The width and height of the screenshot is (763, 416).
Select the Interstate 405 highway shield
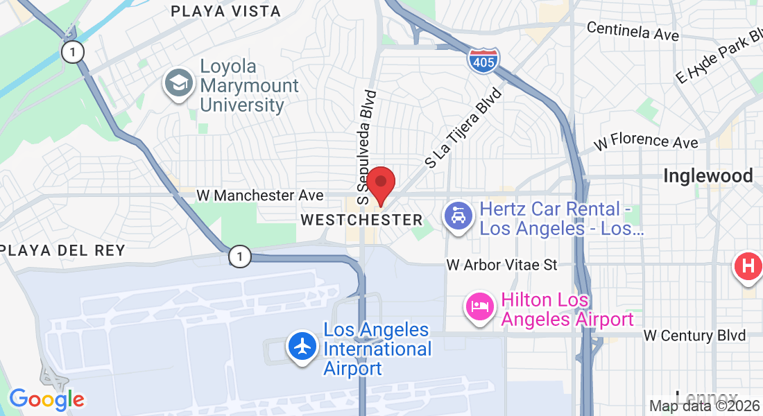pos(483,61)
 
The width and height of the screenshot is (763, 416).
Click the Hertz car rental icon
pos(458,218)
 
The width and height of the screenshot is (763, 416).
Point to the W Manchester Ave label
pos(259,196)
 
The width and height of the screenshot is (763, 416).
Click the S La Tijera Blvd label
pos(463,128)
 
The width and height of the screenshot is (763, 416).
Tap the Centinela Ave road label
pos(632,31)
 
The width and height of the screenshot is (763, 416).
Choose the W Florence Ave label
pos(646,141)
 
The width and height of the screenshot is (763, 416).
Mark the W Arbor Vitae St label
pos(501,265)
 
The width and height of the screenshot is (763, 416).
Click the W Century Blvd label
pos(694,336)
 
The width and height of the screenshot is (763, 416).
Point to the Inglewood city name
pos(708,176)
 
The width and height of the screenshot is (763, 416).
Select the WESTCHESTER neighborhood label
pos(361,220)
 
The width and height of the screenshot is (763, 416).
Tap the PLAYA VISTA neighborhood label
pos(225,11)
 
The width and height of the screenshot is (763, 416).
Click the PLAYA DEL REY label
pos(62,250)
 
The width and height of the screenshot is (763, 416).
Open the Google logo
pos(46,399)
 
